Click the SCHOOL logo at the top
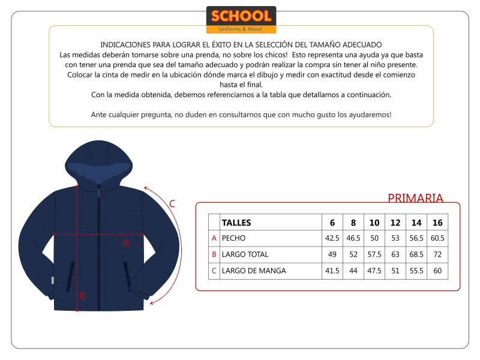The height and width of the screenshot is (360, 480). click(241, 19)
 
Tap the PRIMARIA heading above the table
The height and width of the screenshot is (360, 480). click(415, 198)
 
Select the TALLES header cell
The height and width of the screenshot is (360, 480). click(236, 223)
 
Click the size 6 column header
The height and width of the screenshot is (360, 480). click(332, 223)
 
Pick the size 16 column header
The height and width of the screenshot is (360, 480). click(437, 223)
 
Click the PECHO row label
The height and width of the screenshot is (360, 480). click(234, 238)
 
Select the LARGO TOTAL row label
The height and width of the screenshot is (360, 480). click(245, 254)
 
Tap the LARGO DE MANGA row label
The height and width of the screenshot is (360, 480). click(254, 271)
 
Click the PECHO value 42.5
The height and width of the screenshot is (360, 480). click(332, 238)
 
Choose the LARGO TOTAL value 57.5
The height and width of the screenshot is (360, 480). click(374, 254)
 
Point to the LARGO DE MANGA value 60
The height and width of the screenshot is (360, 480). click(437, 271)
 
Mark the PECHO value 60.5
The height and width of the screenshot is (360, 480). click(437, 238)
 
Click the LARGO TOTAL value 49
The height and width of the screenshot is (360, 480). click(332, 254)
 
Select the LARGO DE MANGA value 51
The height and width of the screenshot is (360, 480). click(395, 271)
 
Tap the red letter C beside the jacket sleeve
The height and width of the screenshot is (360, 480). click(172, 203)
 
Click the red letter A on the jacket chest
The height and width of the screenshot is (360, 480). click(126, 242)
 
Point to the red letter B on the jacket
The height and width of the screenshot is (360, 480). click(83, 295)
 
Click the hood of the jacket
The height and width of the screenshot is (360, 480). click(99, 159)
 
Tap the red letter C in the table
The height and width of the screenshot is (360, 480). click(214, 271)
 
